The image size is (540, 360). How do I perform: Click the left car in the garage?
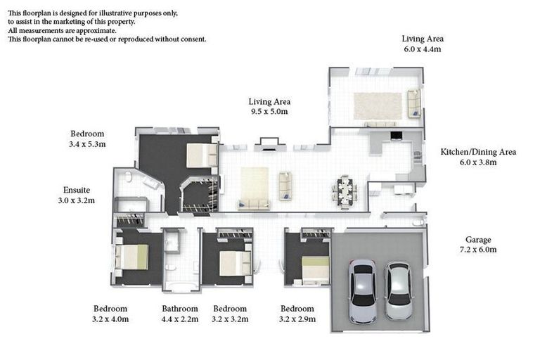(x=362, y=291)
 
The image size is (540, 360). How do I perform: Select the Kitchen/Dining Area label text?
(x=478, y=157)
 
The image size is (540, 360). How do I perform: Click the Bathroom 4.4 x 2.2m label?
(x=179, y=314)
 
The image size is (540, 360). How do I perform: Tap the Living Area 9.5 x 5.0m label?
(x=269, y=106)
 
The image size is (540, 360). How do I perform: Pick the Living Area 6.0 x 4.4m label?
(x=422, y=44)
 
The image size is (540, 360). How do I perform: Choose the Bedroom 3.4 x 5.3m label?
(x=87, y=139)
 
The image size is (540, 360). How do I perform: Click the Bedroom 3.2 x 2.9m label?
(x=297, y=314)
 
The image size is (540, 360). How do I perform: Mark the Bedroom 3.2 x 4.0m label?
(x=110, y=314)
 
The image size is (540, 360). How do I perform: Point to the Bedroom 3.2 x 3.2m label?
(x=229, y=314)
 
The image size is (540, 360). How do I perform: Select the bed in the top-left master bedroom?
(x=202, y=155)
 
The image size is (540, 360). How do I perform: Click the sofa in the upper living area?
(x=414, y=103)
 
